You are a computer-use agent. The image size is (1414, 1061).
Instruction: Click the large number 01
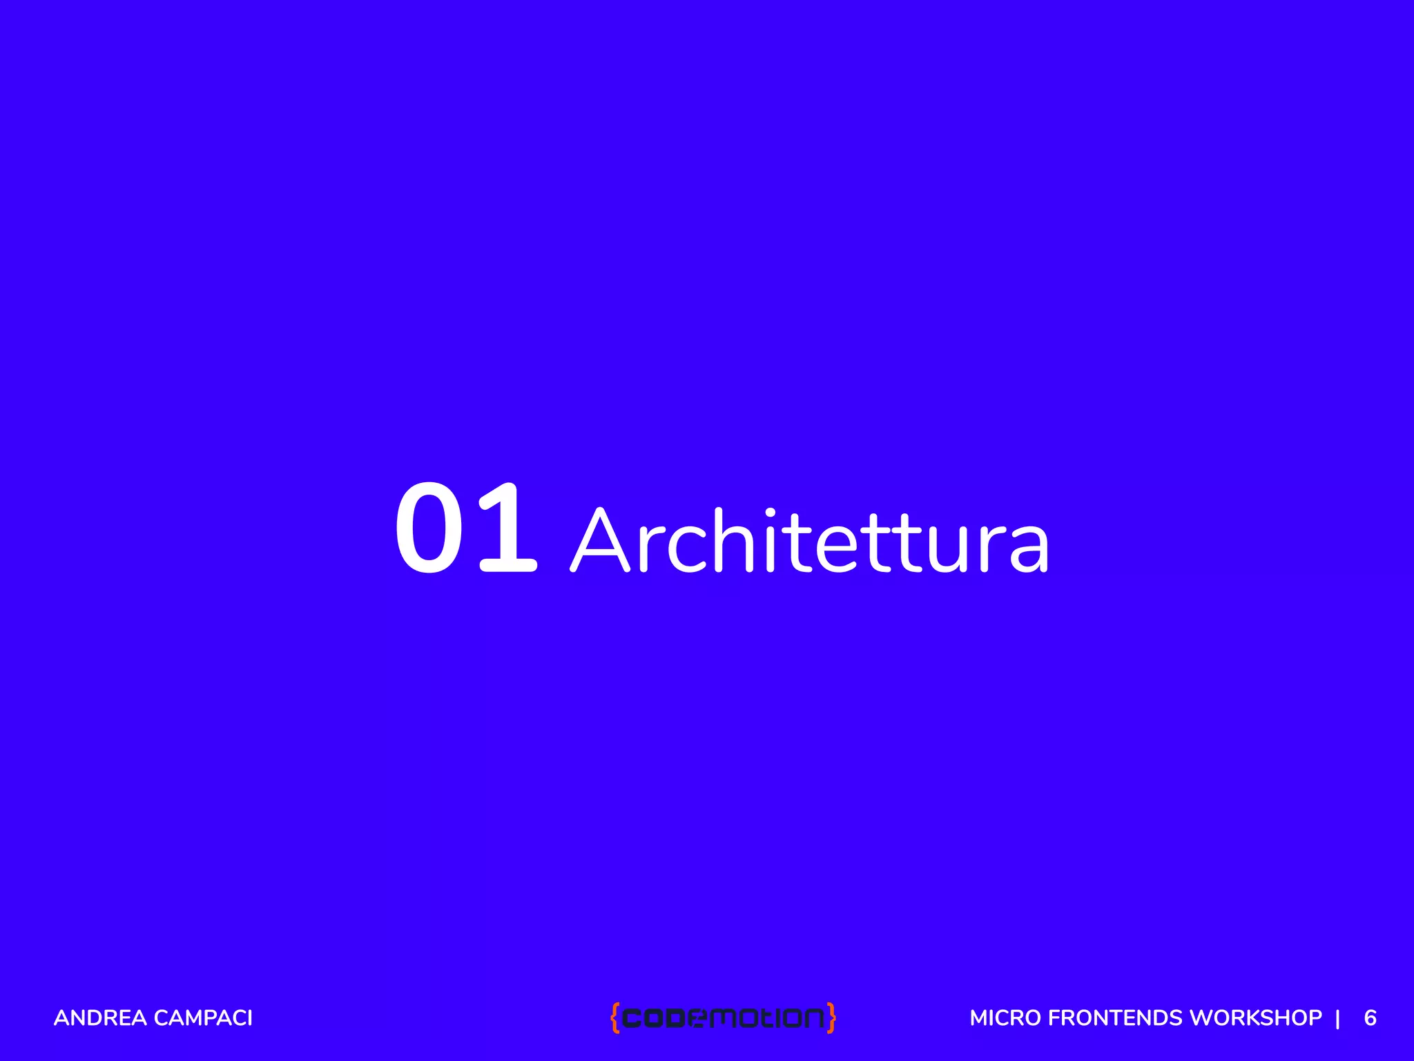coord(465,528)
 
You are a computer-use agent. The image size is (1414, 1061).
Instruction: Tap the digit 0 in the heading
coord(429,528)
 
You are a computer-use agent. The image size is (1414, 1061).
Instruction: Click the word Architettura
coord(809,540)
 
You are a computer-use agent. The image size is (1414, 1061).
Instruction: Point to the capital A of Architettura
coord(600,540)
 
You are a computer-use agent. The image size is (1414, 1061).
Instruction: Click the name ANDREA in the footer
coord(100,1018)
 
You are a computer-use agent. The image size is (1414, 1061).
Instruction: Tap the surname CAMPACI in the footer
coord(204,1018)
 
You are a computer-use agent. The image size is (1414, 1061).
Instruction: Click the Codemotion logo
coord(723,1017)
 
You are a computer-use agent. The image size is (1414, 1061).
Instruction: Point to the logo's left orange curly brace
coord(614,1017)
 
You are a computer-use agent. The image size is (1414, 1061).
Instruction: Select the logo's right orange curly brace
coord(831,1017)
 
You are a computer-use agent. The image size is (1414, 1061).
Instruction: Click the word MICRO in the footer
coord(1005,1018)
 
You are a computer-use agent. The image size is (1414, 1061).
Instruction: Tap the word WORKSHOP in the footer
coord(1256,1018)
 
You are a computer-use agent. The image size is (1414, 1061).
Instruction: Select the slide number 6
coord(1370,1018)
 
